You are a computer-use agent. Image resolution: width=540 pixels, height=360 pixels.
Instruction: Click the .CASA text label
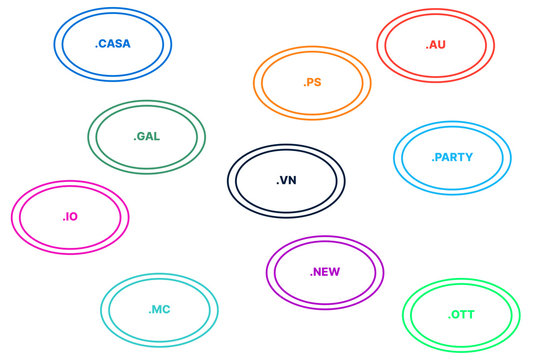tap(112, 44)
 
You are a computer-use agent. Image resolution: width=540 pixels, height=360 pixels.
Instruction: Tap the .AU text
tap(435, 45)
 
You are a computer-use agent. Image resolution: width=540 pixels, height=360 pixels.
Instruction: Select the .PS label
tap(312, 83)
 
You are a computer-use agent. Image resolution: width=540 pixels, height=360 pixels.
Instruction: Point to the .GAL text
tap(146, 136)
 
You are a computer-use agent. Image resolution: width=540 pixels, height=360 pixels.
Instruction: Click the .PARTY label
tap(452, 158)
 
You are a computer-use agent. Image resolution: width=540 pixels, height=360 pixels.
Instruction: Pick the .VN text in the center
tap(286, 181)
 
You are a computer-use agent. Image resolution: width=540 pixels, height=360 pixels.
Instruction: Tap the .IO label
tap(70, 216)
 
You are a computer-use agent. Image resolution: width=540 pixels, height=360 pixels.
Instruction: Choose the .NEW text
tap(325, 272)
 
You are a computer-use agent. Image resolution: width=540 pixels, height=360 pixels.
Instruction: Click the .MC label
tap(159, 310)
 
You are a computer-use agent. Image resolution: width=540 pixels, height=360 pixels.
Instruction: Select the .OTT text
tap(461, 315)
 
